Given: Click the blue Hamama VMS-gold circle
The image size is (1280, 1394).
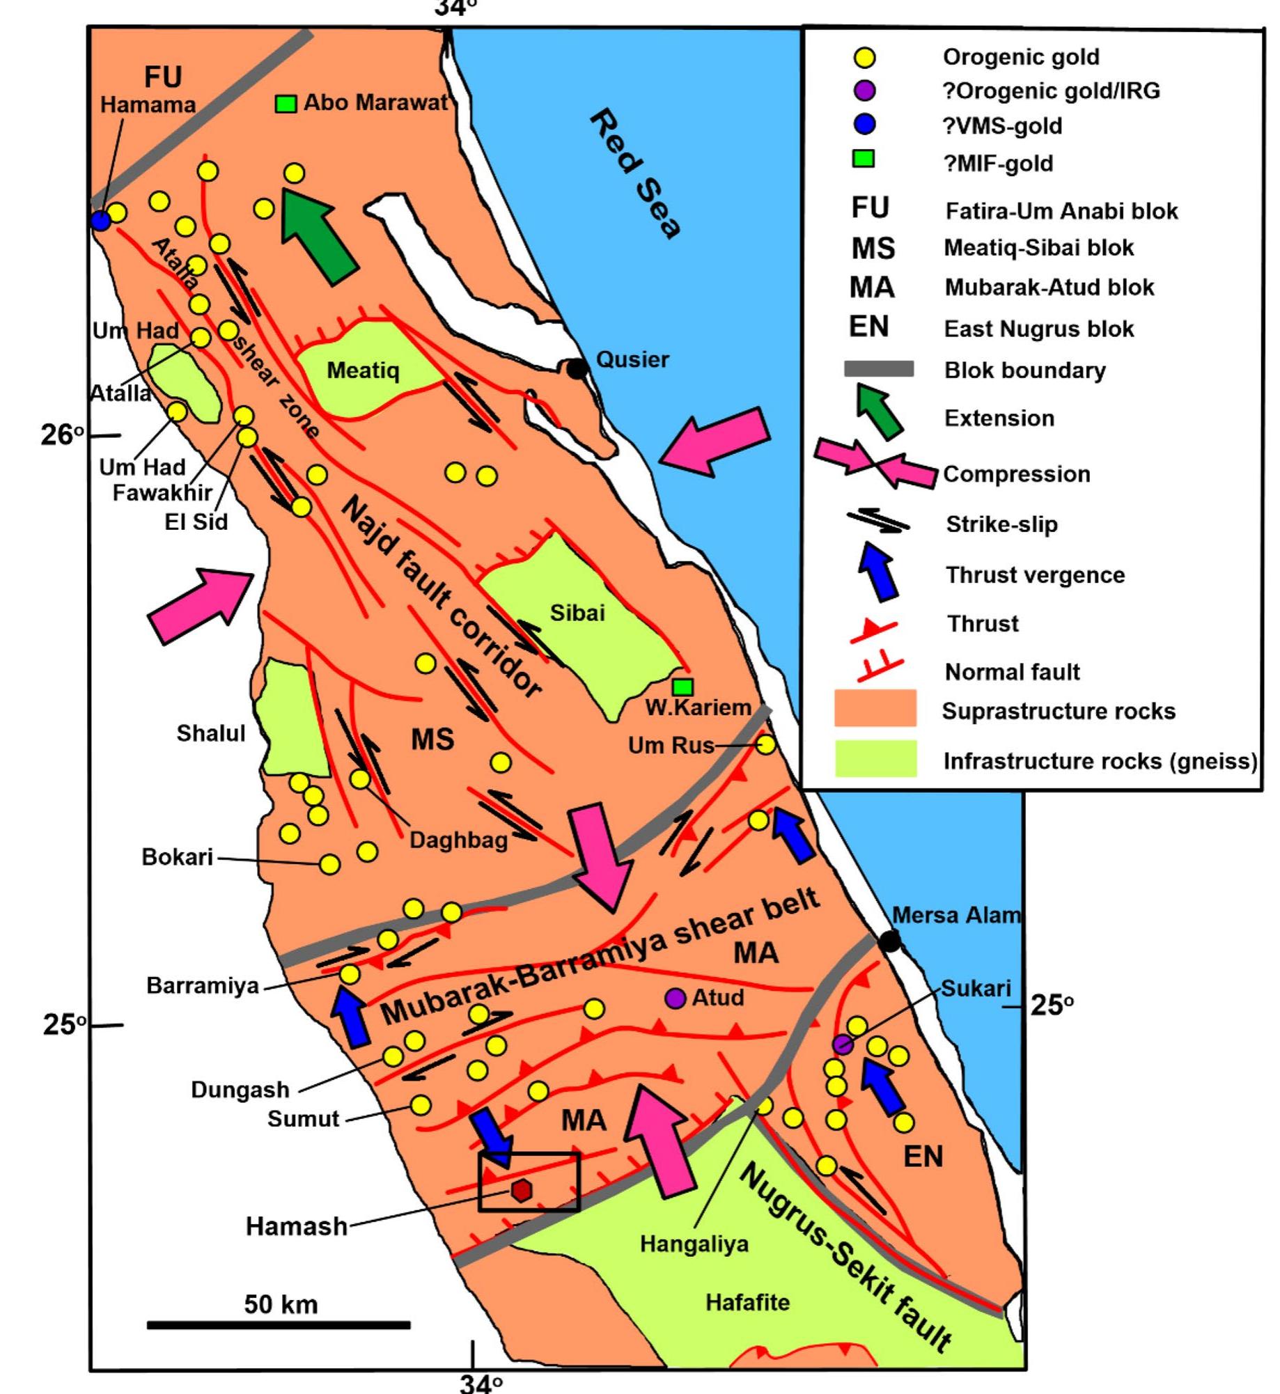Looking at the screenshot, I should tap(101, 222).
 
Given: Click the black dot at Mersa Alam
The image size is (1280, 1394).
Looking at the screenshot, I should tap(889, 942).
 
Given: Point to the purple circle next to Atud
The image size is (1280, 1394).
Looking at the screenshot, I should tap(674, 998).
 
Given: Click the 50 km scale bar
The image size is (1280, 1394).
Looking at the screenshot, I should tap(279, 1324).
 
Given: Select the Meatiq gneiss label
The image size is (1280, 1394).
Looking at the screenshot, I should tap(363, 370).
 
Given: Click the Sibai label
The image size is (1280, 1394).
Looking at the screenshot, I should tap(577, 613).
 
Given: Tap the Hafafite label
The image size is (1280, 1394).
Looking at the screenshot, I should tap(747, 1302).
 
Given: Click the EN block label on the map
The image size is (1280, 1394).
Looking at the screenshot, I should tap(923, 1156).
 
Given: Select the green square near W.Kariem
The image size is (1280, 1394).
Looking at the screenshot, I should tap(684, 687).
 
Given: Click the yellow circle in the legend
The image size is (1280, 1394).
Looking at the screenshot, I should tap(864, 58).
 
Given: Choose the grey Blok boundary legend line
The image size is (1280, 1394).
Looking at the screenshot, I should tap(879, 369).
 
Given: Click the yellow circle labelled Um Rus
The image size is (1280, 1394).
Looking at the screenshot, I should tap(765, 744).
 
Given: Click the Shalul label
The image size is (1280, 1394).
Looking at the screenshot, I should tap(210, 733).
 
